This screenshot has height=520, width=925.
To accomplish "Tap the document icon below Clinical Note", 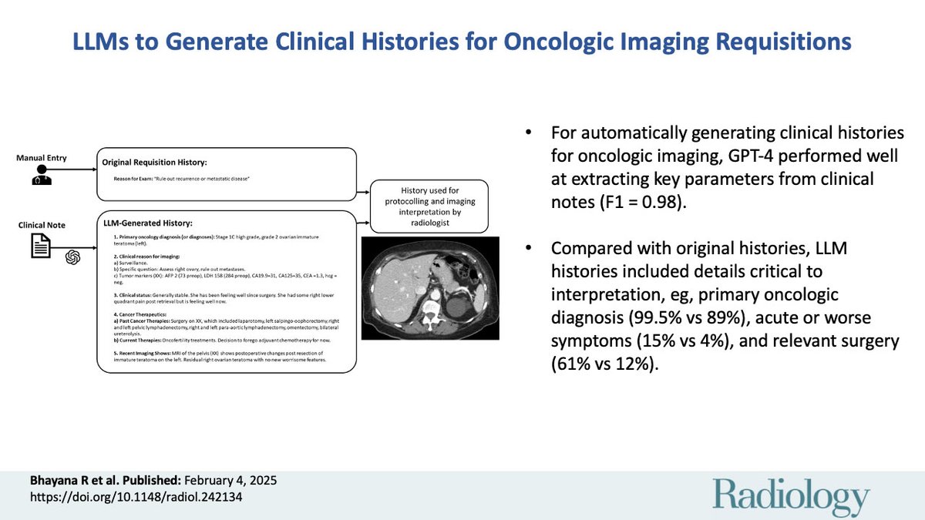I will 42,246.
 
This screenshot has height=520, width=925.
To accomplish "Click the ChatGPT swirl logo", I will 72,257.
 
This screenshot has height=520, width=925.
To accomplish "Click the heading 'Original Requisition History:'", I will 154,163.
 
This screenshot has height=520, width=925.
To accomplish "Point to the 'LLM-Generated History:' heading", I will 147,223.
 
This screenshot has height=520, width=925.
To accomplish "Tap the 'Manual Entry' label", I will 42,158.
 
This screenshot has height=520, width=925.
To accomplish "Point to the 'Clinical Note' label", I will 42,225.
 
